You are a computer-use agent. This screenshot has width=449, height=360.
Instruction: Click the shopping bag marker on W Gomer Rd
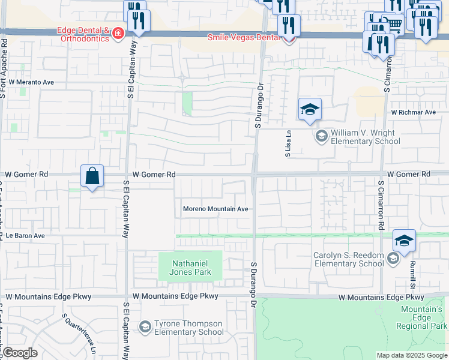click(x=92, y=176)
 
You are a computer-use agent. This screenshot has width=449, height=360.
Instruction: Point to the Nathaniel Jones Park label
click(x=190, y=268)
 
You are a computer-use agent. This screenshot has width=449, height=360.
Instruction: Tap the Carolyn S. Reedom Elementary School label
click(x=349, y=259)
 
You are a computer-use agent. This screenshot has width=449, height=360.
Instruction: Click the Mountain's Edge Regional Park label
click(x=422, y=317)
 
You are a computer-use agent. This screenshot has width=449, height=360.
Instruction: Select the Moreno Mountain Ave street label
click(x=215, y=209)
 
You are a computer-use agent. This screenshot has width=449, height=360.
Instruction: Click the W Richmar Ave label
click(x=413, y=112)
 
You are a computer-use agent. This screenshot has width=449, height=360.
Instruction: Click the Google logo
click(x=19, y=353)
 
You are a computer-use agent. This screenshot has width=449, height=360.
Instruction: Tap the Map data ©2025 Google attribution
click(x=412, y=355)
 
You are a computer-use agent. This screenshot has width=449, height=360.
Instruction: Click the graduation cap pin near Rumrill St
click(x=405, y=241)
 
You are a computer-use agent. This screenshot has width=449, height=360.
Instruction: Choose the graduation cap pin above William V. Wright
click(x=310, y=110)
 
